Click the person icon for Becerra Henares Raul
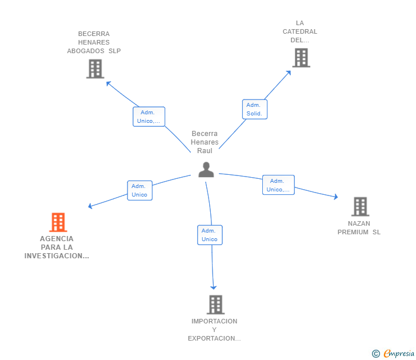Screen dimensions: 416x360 [x=206, y=170]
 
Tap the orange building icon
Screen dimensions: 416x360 [x=58, y=222]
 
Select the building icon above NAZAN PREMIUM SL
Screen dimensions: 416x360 [x=360, y=207]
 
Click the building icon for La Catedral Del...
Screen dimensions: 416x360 [x=301, y=58]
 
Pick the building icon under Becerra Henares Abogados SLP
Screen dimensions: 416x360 [x=95, y=69]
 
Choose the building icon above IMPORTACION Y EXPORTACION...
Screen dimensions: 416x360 [x=215, y=305]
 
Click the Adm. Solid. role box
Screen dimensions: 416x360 [x=255, y=109]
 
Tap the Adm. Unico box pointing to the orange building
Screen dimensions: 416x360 [x=140, y=190]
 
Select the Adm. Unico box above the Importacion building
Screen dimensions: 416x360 [x=210, y=235]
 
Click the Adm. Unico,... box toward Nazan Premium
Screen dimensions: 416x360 [x=279, y=185]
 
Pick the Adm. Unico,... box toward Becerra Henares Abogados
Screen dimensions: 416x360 [x=149, y=117]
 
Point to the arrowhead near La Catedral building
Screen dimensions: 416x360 [x=289, y=73]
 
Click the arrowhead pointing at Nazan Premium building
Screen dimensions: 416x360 [x=335, y=197]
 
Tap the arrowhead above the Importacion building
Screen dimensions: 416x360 [x=214, y=287]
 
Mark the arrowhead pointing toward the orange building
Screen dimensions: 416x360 [x=90, y=206]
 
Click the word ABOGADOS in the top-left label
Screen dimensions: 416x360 [x=86, y=51]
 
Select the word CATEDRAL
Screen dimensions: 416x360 [x=300, y=31]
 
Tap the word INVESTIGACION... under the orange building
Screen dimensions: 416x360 [x=57, y=256]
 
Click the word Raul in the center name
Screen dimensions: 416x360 [x=205, y=151]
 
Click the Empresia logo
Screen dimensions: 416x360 [x=393, y=353]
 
